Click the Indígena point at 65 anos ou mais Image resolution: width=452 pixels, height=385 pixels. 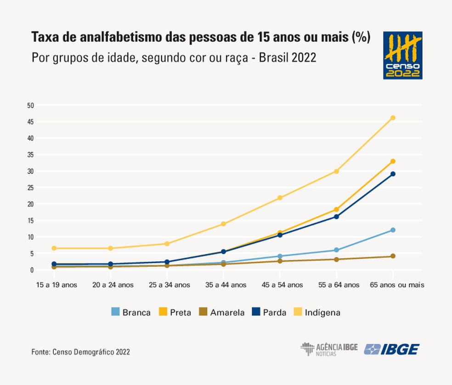393,118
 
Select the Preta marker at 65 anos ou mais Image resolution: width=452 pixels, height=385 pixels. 393,161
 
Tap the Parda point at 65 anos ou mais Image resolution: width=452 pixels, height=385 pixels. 393,174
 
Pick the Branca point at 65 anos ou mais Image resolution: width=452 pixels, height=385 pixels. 393,230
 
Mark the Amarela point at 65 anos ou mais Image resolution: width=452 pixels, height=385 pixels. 393,256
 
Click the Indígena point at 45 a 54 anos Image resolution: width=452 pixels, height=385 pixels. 280,198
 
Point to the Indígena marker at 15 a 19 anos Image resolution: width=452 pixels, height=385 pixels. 54,248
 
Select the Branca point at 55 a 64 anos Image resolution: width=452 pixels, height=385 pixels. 336,250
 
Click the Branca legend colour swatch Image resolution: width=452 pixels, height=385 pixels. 116,312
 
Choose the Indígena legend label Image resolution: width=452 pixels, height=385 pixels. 322,312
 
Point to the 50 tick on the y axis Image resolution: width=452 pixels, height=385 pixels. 31,105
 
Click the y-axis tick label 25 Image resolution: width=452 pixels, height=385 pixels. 31,188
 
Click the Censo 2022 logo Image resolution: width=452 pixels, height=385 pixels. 402,55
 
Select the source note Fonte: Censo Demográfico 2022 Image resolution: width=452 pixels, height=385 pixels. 80,352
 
